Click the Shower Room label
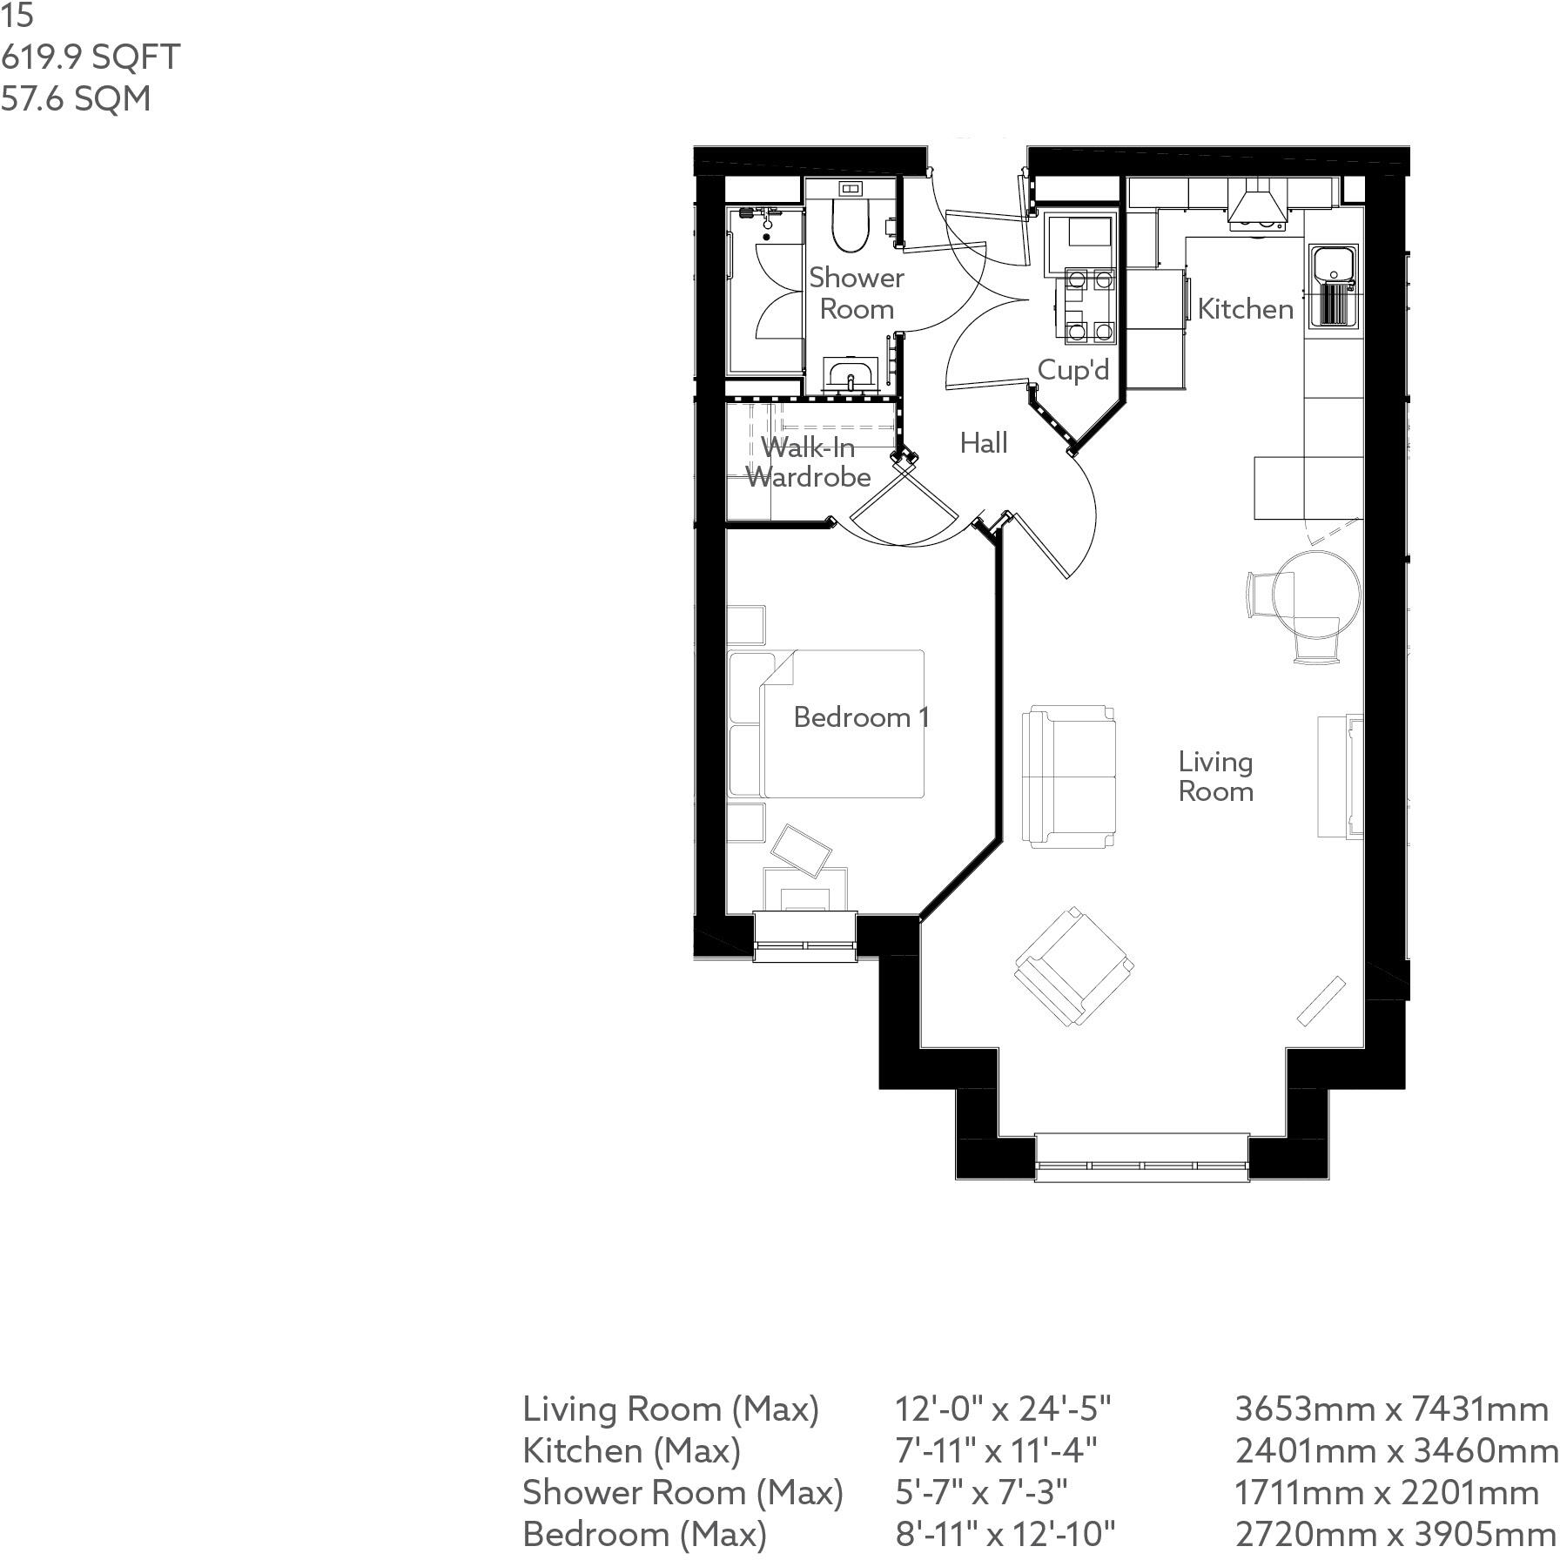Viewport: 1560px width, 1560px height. point(857,293)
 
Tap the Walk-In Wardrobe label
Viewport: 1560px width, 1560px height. point(808,462)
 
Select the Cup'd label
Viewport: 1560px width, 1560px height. point(1072,370)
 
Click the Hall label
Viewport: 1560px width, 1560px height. point(983,443)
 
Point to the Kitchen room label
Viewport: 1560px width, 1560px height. point(1245,308)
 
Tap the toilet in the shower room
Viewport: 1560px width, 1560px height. point(851,225)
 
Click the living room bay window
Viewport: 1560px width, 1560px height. point(1142,1158)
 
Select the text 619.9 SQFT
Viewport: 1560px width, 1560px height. point(91,57)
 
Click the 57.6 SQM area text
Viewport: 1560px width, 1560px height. point(76,99)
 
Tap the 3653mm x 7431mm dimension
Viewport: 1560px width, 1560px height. point(1391,1409)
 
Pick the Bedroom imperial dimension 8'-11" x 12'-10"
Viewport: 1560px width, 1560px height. point(1005,1534)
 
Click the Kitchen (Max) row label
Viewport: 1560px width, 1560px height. point(632,1450)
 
